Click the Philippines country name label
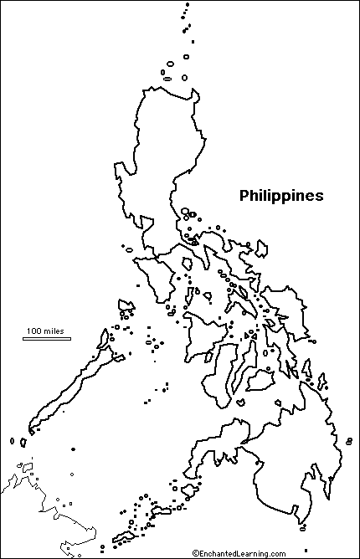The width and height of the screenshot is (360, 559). (x=281, y=196)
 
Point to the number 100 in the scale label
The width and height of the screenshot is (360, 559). (x=33, y=331)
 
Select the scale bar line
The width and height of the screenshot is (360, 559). (x=46, y=339)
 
